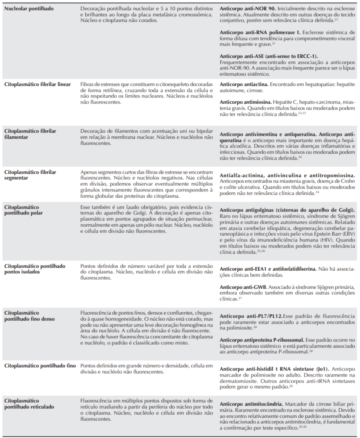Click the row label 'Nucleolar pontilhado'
click(29, 9)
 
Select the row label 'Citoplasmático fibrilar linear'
click(38, 84)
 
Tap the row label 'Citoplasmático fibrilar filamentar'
click(30, 134)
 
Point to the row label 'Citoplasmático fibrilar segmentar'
click(30, 175)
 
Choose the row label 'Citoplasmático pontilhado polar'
click(24, 210)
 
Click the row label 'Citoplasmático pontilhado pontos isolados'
click(35, 269)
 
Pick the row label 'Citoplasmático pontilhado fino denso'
click(30, 316)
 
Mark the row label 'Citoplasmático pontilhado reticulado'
click(29, 404)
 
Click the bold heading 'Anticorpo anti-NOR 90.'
click(248, 9)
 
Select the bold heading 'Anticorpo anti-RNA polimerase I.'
click(260, 33)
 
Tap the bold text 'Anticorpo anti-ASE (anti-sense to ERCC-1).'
click(269, 56)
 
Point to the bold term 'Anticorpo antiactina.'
click(244, 84)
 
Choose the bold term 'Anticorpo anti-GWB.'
click(243, 287)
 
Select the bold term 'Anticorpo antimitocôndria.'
click(251, 404)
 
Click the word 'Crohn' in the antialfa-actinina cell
click(348, 181)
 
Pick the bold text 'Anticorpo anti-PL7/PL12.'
click(251, 316)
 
